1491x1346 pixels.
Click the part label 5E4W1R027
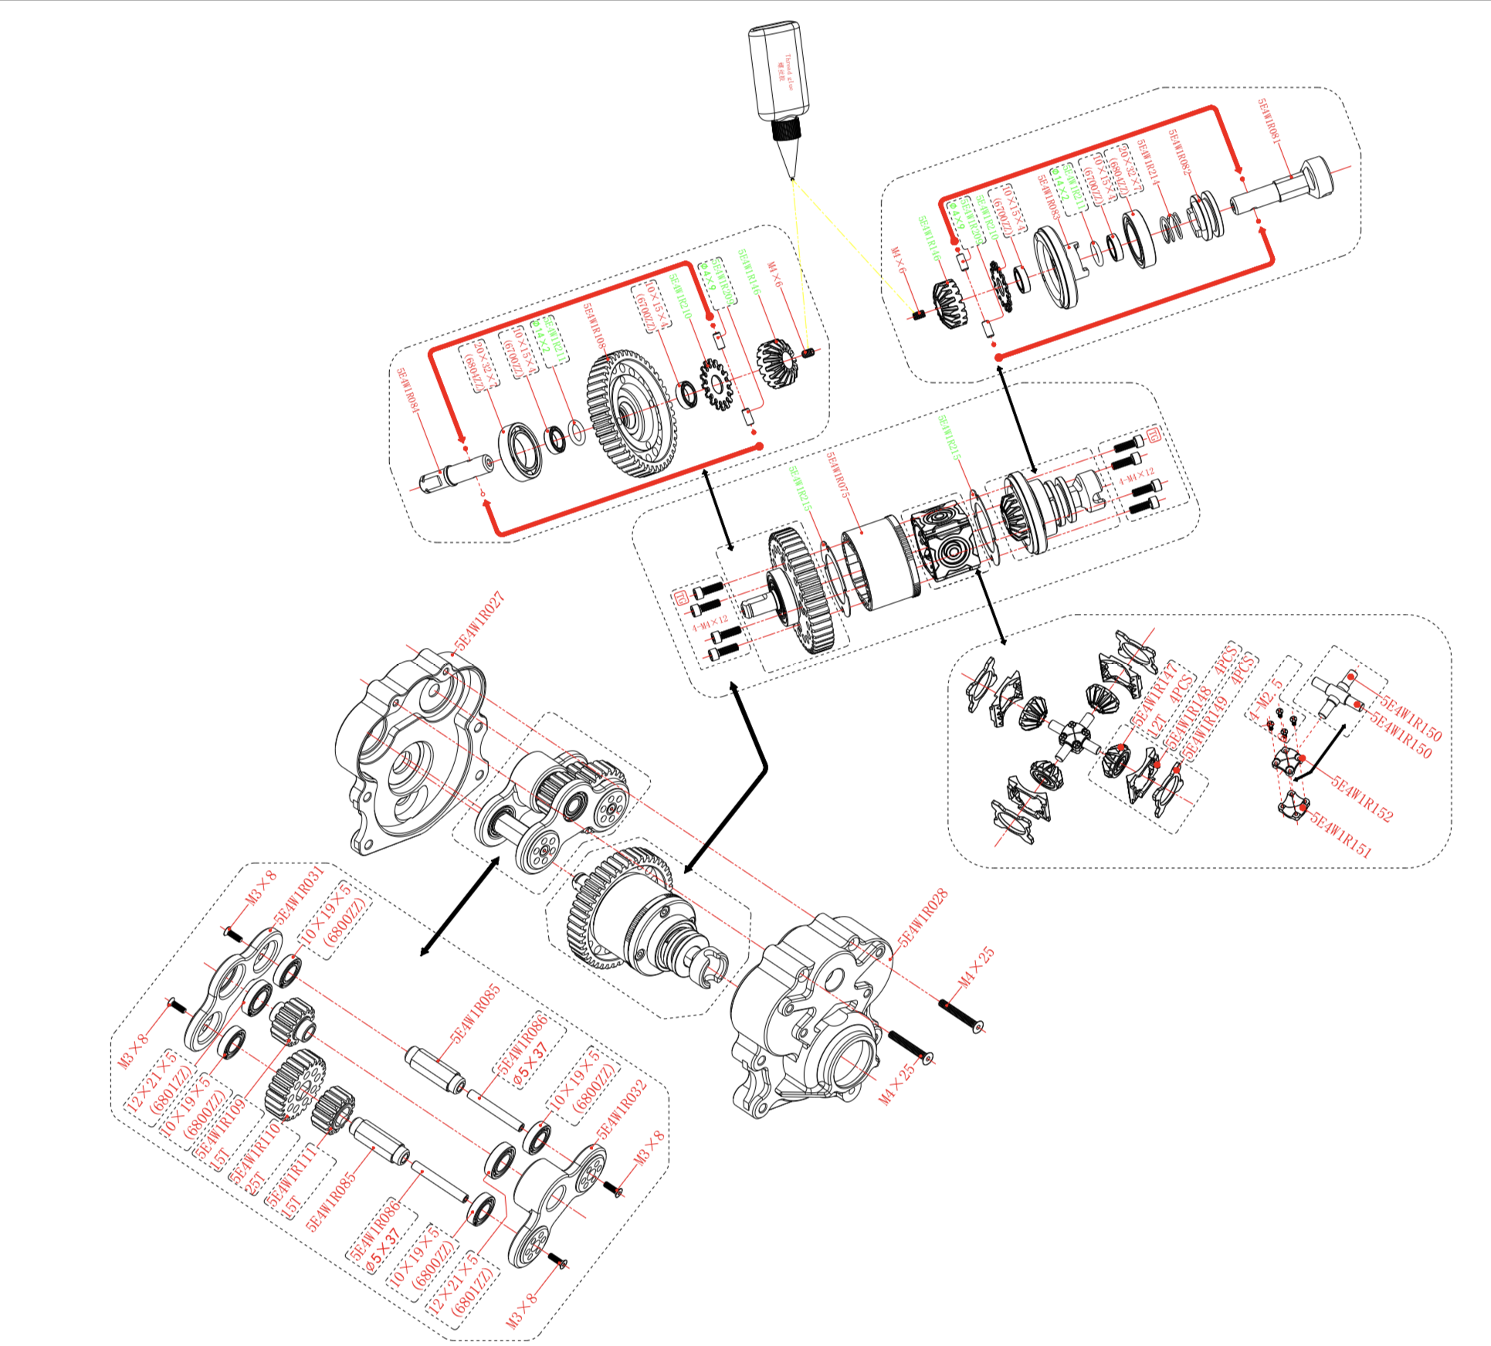click(x=479, y=622)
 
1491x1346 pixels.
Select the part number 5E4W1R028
click(x=923, y=918)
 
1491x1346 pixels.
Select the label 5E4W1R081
click(x=1269, y=122)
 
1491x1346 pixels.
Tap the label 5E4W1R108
click(x=595, y=329)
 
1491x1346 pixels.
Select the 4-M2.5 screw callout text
click(x=1266, y=700)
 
